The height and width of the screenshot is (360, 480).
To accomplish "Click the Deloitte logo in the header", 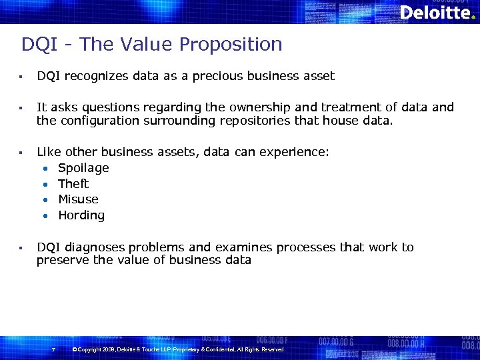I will [437, 12].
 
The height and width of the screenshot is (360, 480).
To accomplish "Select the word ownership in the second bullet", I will [249, 107].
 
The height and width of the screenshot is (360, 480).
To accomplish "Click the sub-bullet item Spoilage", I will [83, 168].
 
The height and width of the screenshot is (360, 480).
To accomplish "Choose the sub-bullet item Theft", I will [73, 184].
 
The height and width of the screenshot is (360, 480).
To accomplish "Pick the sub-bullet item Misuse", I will [78, 199].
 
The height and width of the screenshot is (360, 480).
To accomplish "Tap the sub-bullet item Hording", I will [81, 215].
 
